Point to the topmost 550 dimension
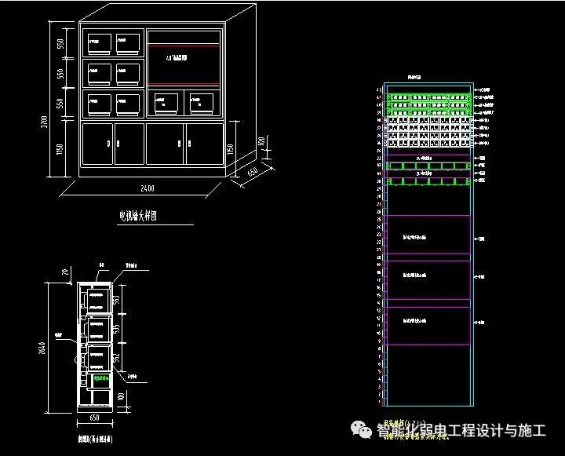pyautogui.click(x=61, y=44)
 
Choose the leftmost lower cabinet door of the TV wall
pyautogui.click(x=98, y=144)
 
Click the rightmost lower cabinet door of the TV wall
pyautogui.click(x=204, y=144)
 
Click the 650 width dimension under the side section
pyautogui.click(x=97, y=418)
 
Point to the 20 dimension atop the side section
pyautogui.click(x=61, y=272)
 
